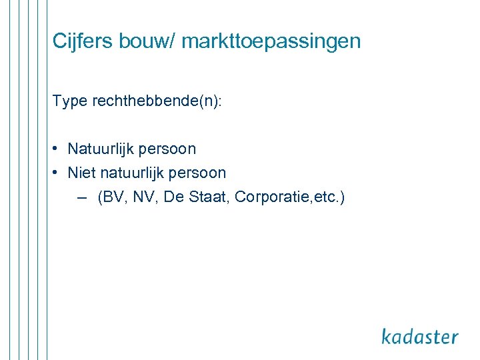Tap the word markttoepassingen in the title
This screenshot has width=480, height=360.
point(271,42)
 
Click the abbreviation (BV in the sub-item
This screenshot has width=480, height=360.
point(111,197)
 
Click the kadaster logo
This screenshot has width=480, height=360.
point(420,336)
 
